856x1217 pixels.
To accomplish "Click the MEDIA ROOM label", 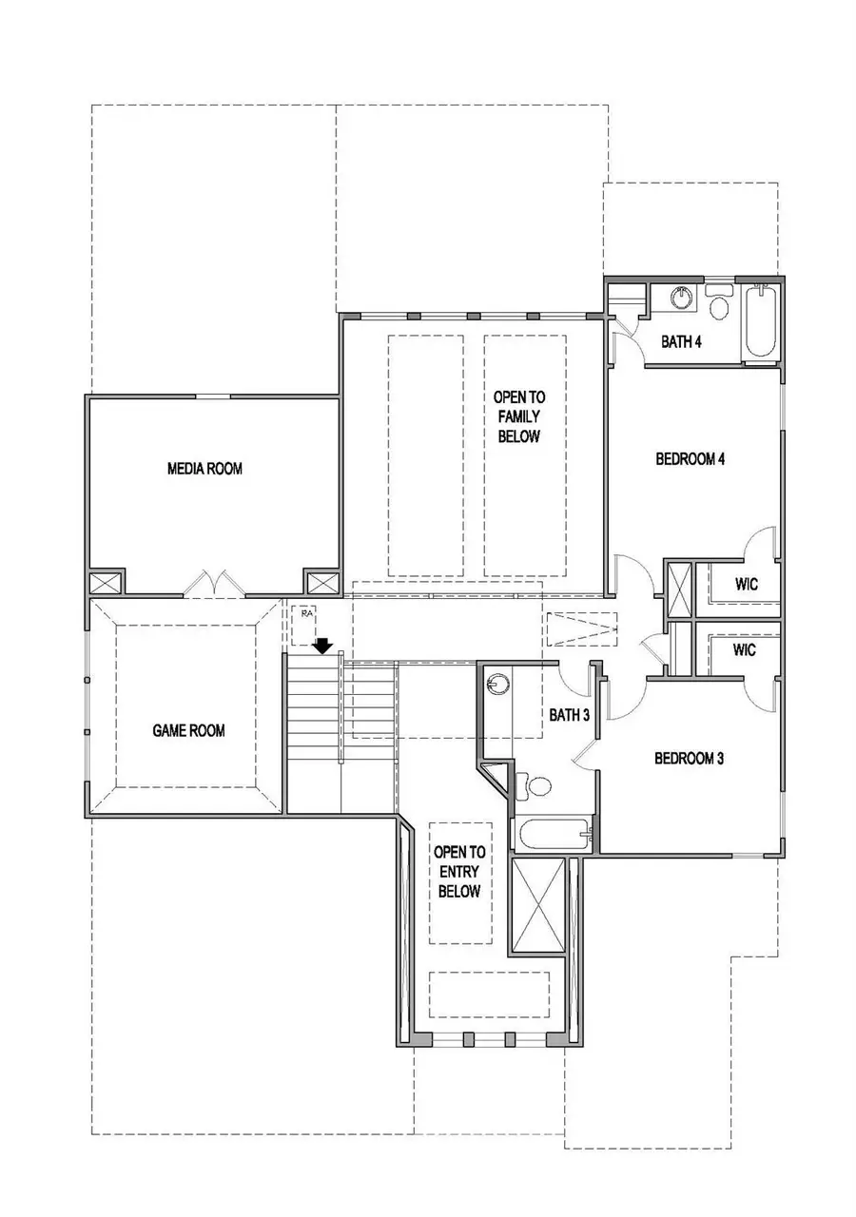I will pos(204,468).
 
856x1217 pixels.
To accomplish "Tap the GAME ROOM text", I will pos(188,730).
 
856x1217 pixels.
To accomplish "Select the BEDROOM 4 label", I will pos(691,459).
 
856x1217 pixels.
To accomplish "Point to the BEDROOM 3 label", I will pos(690,759).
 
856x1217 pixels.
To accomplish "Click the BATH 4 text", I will pos(681,342).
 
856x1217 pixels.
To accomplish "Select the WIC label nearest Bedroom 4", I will pos(746,584).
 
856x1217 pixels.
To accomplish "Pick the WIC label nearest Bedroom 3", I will pos(746,650).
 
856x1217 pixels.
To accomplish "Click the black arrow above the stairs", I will pos(323,646).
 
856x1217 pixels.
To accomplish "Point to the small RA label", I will pos(306,614).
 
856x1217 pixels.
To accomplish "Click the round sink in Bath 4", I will pos(681,298).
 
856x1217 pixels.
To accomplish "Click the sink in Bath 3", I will pos(497,684).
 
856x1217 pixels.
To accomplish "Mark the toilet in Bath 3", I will pos(536,785).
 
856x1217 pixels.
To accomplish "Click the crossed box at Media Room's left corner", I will pos(106,583).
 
